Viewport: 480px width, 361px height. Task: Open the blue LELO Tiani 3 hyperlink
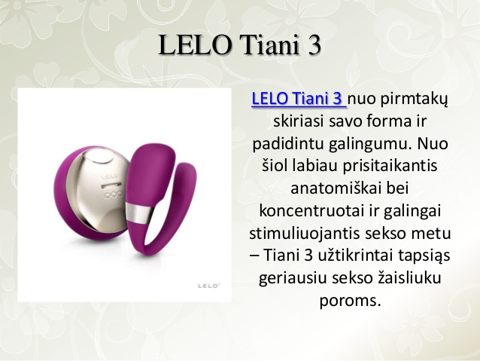tap(298, 99)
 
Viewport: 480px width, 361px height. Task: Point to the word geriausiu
tap(296, 273)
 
